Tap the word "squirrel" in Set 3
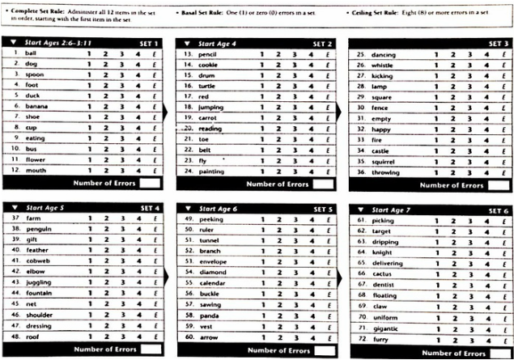click(x=384, y=161)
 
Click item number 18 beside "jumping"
click(x=186, y=107)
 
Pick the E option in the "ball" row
click(x=154, y=53)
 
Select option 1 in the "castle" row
click(x=433, y=150)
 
